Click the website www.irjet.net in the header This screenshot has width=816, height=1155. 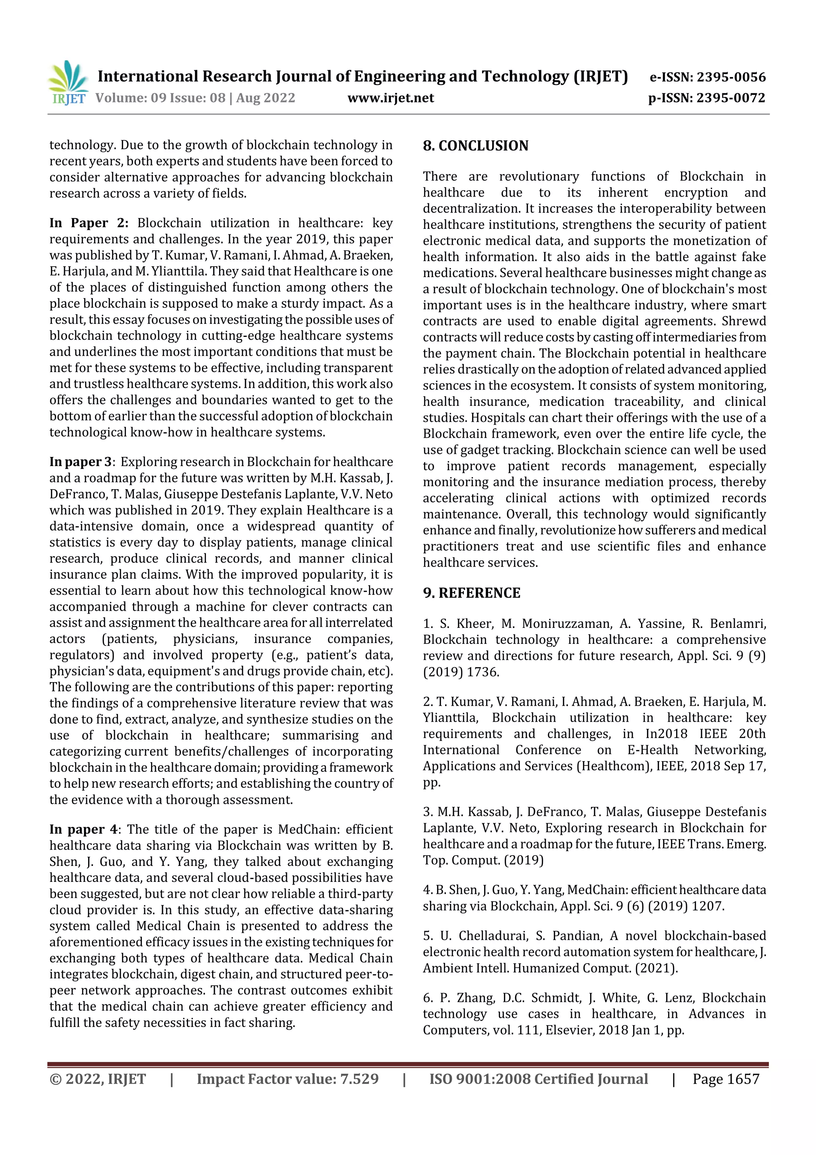click(390, 98)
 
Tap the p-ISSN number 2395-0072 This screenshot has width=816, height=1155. click(731, 98)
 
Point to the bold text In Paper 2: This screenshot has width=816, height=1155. click(88, 223)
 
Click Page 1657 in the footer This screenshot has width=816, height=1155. click(726, 1079)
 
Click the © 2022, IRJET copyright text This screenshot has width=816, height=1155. click(98, 1079)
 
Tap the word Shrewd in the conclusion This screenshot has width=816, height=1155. click(743, 321)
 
